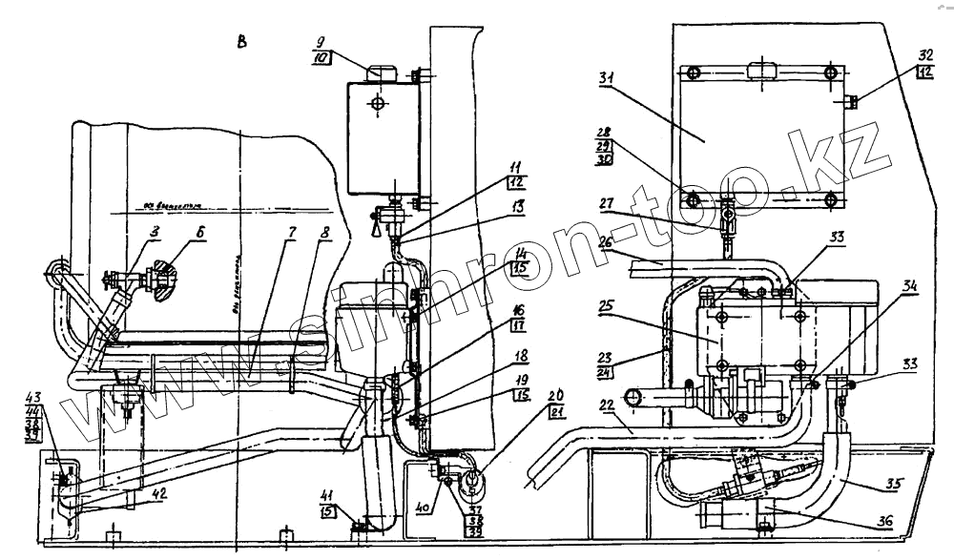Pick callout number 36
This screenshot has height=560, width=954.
[885, 521]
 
